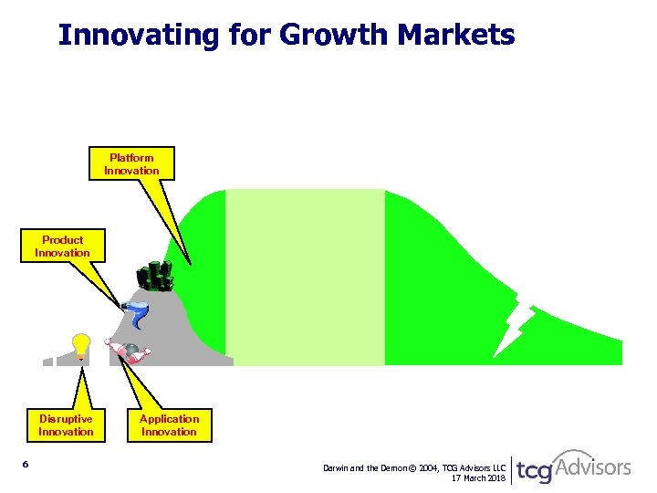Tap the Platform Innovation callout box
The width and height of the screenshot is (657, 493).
(x=131, y=164)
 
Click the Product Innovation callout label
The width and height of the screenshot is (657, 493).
(x=62, y=246)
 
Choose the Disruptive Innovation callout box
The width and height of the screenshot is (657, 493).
(x=66, y=425)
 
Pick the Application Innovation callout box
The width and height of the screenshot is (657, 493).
(x=169, y=425)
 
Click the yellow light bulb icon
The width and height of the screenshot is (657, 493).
(x=81, y=346)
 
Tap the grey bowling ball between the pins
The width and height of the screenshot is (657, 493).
(x=131, y=350)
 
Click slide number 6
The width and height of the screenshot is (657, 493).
(x=26, y=466)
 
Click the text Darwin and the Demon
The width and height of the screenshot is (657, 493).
(x=366, y=467)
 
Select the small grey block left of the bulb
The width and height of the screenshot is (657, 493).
(x=47, y=361)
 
